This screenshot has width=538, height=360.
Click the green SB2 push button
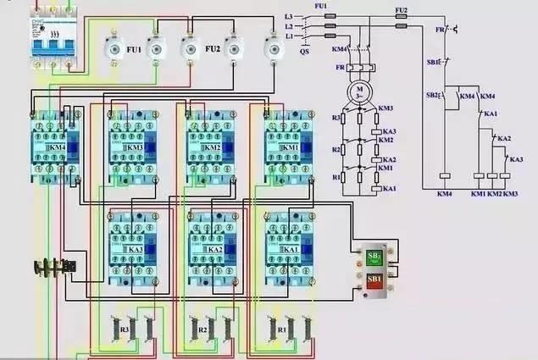click(374, 256)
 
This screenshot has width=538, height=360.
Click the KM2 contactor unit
click(210, 147)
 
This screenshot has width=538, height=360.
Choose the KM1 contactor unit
click(289, 147)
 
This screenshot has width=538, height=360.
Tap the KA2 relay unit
click(212, 249)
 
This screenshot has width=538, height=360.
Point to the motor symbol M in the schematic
click(359, 89)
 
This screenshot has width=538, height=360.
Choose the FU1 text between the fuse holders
click(134, 51)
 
